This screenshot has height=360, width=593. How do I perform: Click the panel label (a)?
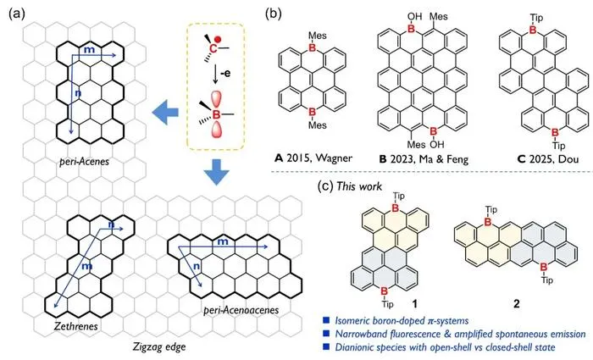[x=17, y=14]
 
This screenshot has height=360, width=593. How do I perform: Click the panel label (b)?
[x=274, y=14]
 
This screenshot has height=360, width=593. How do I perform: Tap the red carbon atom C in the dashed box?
[x=213, y=48]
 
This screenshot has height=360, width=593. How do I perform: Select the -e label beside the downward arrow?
[x=225, y=73]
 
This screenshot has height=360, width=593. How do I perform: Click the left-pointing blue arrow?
[x=165, y=113]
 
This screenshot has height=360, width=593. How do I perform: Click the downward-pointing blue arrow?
[x=216, y=173]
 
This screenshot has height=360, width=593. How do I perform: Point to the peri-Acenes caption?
[x=84, y=162]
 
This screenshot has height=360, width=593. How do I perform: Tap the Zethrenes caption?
[x=75, y=326]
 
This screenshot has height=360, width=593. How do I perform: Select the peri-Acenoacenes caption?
[x=241, y=311]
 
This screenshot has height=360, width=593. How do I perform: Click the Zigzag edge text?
[x=159, y=346]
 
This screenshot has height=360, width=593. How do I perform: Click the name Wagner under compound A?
[x=333, y=158]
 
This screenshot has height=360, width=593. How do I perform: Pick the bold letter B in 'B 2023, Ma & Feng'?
[x=383, y=159]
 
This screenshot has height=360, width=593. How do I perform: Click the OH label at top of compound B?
[x=414, y=16]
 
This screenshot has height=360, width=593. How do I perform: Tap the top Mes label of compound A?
[x=318, y=36]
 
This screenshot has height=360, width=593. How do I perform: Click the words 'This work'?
[x=359, y=186]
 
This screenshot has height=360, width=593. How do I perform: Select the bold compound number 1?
[x=415, y=303]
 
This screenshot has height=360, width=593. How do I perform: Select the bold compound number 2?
[x=517, y=303]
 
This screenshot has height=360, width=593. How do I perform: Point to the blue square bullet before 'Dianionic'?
[x=326, y=346]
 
